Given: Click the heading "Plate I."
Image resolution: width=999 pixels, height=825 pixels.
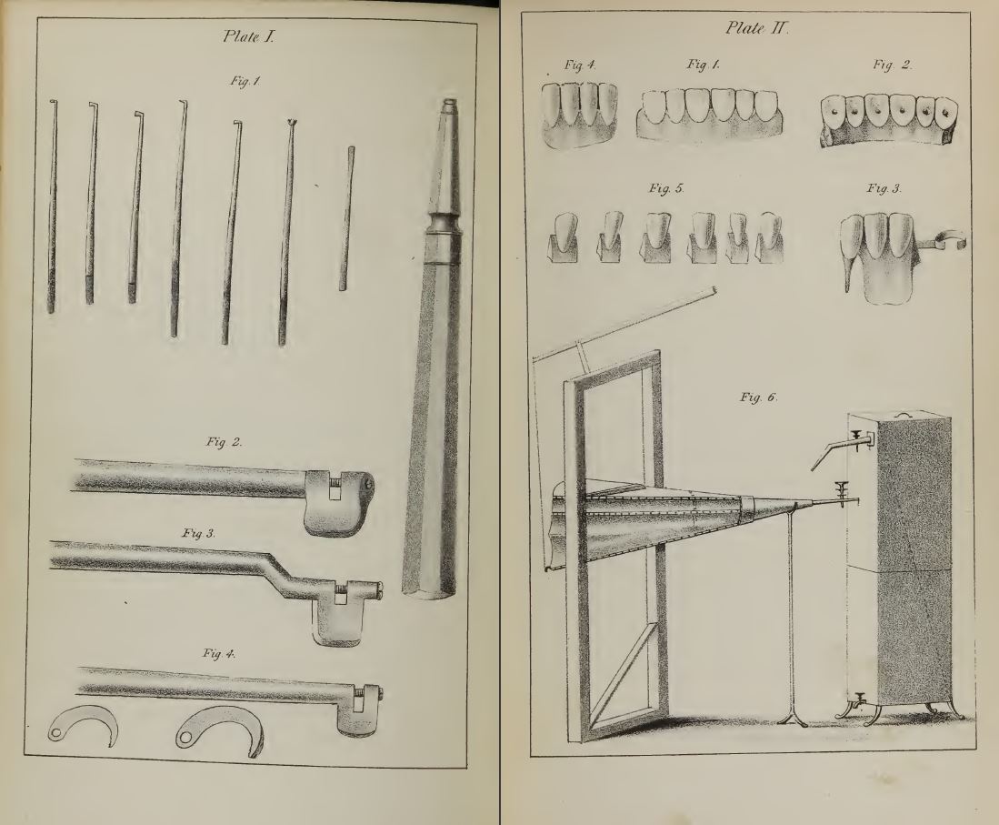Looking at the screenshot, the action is click(248, 36).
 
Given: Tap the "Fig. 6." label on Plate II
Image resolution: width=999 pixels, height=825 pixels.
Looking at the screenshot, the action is click(759, 397).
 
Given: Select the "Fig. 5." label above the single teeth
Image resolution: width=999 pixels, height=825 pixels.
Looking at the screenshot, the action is click(666, 188).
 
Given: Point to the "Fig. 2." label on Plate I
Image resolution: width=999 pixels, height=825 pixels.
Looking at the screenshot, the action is click(224, 442).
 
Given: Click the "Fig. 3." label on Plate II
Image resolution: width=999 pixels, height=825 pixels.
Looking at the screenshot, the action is click(884, 188).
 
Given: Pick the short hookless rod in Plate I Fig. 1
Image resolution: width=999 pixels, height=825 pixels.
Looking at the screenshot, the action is click(347, 218).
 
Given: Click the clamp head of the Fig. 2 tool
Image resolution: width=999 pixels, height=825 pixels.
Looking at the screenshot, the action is click(337, 501).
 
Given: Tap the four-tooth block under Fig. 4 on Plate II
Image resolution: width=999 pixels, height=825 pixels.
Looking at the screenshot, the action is click(580, 115).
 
